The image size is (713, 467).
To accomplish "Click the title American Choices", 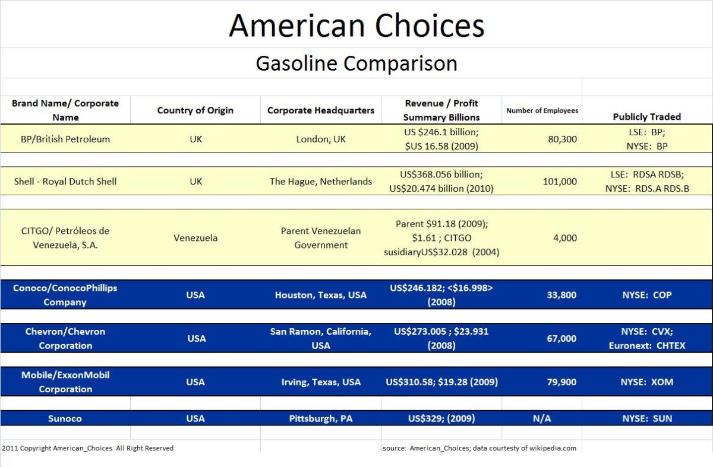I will pos(356,26).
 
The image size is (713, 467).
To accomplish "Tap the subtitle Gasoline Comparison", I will pos(356,63).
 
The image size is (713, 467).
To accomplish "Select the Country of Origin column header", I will pos(195,110).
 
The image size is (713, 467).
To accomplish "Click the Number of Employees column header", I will pos(542,110).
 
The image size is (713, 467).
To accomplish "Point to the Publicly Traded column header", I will pos(646,116).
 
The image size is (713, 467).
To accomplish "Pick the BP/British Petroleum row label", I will pos(65,139).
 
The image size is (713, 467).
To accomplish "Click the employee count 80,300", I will pos(561,139).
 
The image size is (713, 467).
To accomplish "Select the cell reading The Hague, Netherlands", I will pos(321,182).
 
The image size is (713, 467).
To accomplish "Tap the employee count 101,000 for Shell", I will pos(560,182).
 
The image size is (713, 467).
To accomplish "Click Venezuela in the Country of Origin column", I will pos(195,238).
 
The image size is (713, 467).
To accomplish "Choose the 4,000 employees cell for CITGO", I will pos(564,238).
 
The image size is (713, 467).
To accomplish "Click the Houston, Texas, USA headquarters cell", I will pos(321,295).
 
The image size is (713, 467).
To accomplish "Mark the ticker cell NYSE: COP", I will pos(646,295).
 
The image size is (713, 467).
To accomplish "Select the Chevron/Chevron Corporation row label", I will pos(65,338).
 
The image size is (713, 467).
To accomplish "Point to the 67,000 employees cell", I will pos(561,338).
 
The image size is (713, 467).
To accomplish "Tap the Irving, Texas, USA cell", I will pos(321,382).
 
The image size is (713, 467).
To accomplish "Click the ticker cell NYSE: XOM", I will pos(646,382).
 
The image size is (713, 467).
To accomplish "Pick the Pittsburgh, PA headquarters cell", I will pos(321,418).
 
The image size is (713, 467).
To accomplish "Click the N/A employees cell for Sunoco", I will pos(542,418).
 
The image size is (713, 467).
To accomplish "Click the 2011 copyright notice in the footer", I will pos(88,448).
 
